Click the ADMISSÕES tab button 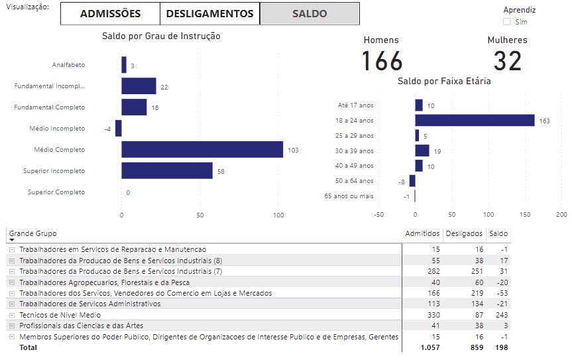coord(110,13)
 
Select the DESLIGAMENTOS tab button coord(209,13)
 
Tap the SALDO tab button coord(310,13)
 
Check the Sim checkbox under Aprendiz coord(508,22)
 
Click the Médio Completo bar coord(202,149)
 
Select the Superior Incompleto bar coord(167,170)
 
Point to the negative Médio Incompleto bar coord(119,128)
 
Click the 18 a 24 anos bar coord(475,120)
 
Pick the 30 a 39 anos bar coord(422,150)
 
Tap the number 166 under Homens coord(382,61)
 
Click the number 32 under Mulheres coord(508,61)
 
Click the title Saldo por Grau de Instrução coord(161,36)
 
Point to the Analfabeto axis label coord(68,65)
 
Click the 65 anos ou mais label coord(349,196)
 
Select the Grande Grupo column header coord(33,233)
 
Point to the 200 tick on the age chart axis coord(561,214)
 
